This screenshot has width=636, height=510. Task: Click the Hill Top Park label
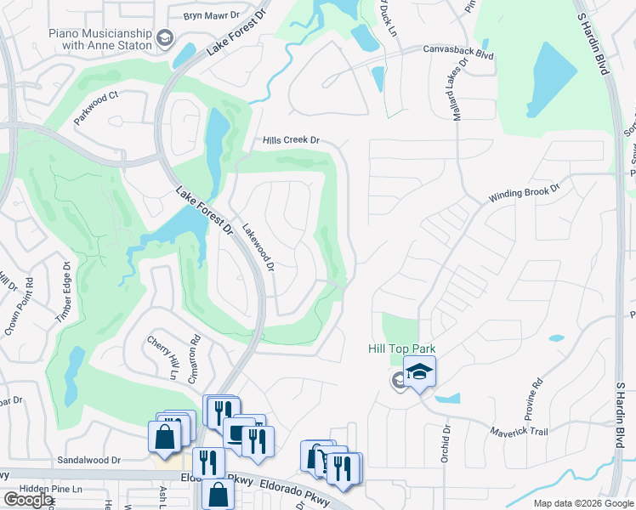pyautogui.click(x=401, y=349)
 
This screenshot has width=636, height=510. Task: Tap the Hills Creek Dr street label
pyautogui.click(x=290, y=140)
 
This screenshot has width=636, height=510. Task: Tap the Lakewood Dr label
pyautogui.click(x=258, y=247)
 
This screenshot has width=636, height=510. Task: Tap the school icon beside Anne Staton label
pyautogui.click(x=165, y=38)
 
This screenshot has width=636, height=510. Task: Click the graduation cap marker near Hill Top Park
pyautogui.click(x=418, y=371)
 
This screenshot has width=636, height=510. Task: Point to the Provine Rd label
pyautogui.click(x=536, y=395)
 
